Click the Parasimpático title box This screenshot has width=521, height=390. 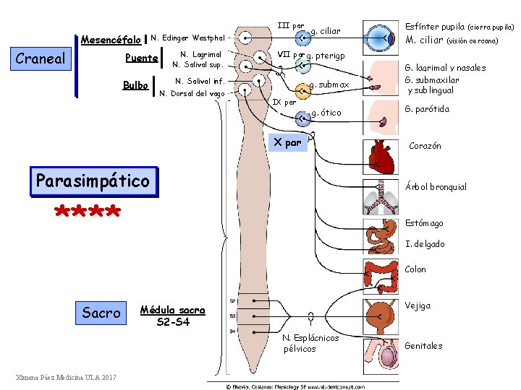click(x=93, y=181)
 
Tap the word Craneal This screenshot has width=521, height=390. click(x=40, y=59)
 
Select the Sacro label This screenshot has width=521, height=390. click(x=101, y=313)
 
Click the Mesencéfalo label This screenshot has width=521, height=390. click(x=111, y=39)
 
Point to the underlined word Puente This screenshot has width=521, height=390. click(x=141, y=58)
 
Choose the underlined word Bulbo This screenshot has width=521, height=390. click(x=135, y=85)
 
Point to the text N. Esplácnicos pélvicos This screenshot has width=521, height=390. click(x=299, y=343)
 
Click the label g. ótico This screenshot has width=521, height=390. click(x=326, y=113)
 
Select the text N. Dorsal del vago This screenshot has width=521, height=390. click(x=192, y=93)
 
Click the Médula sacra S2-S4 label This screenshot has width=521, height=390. click(x=172, y=316)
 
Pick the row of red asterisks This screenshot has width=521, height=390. click(x=88, y=212)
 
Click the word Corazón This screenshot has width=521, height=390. click(x=425, y=146)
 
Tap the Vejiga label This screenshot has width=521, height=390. click(x=418, y=305)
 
